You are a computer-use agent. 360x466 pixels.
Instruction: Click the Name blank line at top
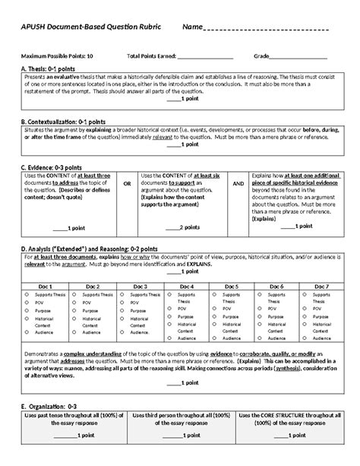266,30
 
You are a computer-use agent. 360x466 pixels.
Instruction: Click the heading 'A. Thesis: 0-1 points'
54,69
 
